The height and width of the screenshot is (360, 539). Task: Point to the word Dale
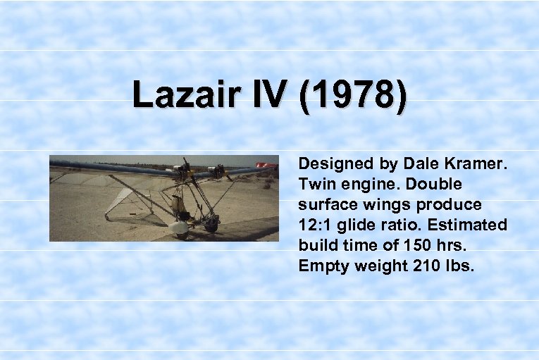421,163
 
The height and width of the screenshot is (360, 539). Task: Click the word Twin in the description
316,184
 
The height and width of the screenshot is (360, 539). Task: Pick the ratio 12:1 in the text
316,225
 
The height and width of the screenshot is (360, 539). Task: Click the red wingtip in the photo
266,166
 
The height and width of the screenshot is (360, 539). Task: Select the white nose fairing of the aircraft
180,226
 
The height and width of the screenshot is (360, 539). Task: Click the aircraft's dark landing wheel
209,225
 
